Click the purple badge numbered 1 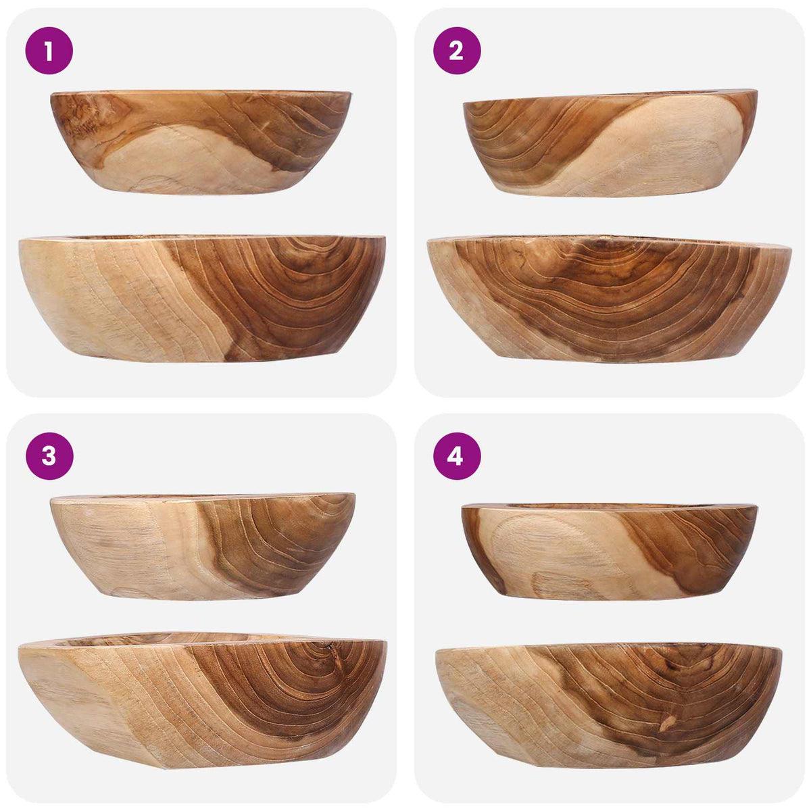(x=49, y=51)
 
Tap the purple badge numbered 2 (x=457, y=51)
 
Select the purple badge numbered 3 (x=49, y=456)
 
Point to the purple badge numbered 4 (x=457, y=456)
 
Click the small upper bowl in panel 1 (x=201, y=142)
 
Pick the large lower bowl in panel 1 (x=202, y=299)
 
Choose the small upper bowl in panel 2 (x=610, y=143)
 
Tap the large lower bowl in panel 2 (x=609, y=299)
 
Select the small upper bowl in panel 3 (x=203, y=546)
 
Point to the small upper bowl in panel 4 (x=610, y=551)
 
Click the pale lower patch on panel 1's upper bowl (x=185, y=164)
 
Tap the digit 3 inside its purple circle (x=49, y=456)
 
